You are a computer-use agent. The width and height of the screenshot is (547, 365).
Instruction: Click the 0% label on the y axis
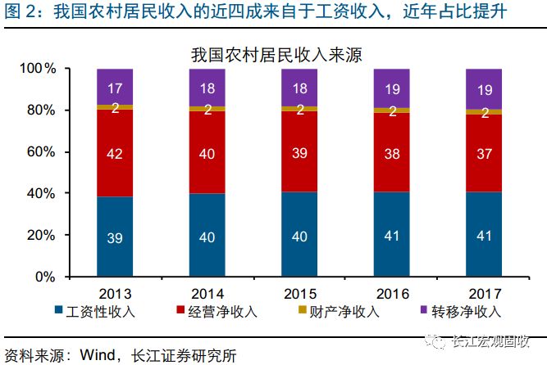[x=45, y=277]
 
